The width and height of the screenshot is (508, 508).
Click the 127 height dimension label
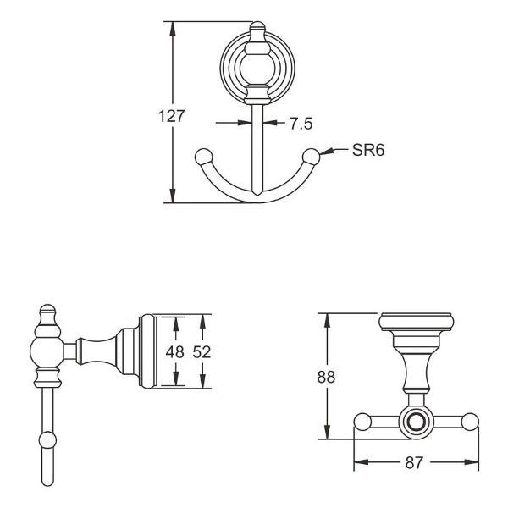click(x=171, y=116)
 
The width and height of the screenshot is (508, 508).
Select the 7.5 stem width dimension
click(x=301, y=124)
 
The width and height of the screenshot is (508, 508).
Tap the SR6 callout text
click(x=368, y=150)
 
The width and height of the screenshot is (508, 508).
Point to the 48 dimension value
click(x=175, y=352)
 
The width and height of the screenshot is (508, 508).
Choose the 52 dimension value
click(x=202, y=352)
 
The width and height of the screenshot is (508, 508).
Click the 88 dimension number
click(x=326, y=377)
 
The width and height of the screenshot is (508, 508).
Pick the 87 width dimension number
click(x=414, y=463)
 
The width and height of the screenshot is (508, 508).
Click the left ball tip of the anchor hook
click(x=204, y=157)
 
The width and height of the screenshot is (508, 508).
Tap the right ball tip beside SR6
click(x=311, y=157)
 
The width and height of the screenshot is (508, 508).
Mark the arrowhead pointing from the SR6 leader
click(x=326, y=152)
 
